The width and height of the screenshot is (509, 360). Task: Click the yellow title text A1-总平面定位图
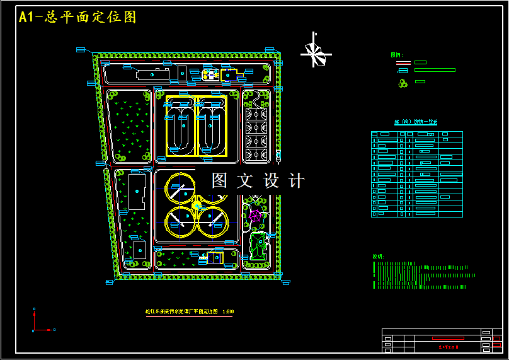[x=77, y=17]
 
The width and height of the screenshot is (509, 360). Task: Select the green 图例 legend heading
[x=396, y=55]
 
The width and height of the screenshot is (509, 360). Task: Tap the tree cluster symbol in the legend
[x=402, y=83]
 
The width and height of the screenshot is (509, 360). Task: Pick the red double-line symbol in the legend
[x=403, y=62]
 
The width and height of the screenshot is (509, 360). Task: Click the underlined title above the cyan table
[x=416, y=122]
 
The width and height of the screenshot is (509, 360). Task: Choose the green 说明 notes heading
[x=378, y=257]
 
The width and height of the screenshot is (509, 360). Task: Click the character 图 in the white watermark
[x=219, y=181]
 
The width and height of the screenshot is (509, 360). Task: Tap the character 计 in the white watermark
[x=296, y=181]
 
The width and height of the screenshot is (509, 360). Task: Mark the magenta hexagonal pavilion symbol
[x=255, y=215]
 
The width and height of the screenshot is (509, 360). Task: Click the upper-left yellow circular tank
[x=180, y=187]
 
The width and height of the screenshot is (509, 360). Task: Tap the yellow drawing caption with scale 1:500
[x=190, y=311]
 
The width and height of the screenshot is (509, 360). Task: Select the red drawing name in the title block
[x=448, y=346]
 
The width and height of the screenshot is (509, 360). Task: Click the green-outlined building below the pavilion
[x=257, y=246]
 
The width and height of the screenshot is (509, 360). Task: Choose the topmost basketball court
[x=256, y=114]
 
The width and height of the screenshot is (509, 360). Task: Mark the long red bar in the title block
[x=448, y=339]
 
